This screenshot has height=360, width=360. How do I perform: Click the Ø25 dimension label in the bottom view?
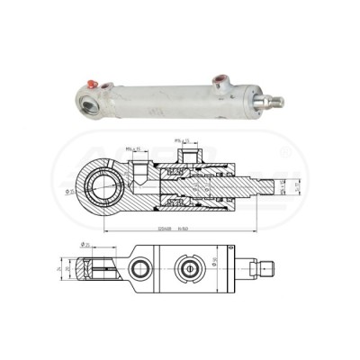click(85, 245)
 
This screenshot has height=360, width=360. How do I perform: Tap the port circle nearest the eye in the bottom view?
click(142, 268)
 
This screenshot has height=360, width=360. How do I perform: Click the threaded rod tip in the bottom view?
click(266, 268)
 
